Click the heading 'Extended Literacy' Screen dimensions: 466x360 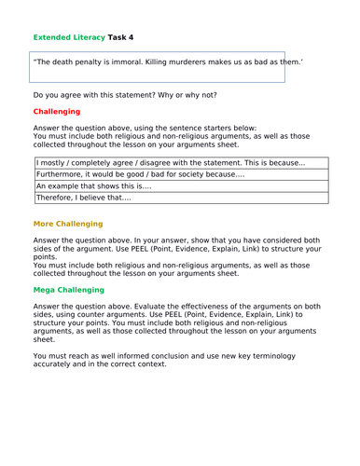click(66, 38)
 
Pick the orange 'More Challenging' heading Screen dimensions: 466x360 click(68, 225)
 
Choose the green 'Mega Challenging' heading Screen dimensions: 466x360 click(70, 291)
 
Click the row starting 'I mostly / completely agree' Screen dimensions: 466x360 click(181, 164)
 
